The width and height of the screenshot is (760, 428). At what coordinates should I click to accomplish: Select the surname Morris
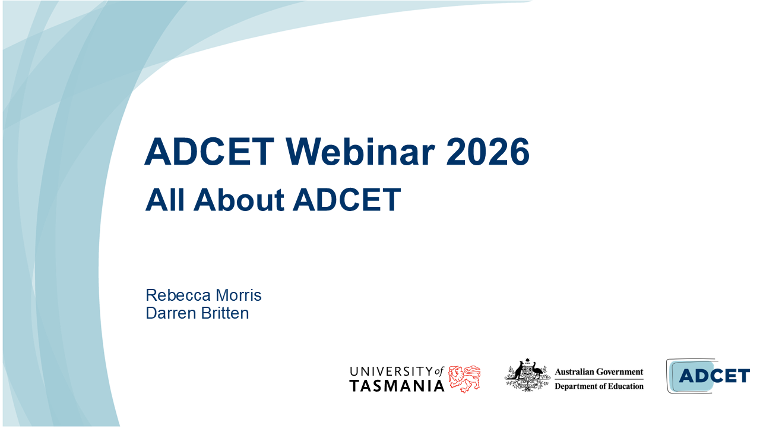pos(238,295)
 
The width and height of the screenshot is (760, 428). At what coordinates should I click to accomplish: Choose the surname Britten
pos(226,313)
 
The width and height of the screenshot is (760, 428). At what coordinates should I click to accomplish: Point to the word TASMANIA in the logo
pos(397,386)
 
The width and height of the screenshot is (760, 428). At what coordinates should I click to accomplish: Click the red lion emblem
pos(464,379)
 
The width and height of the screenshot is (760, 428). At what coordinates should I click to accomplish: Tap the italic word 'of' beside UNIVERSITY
pos(439,371)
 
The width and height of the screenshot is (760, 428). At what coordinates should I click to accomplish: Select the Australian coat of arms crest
pos(527,375)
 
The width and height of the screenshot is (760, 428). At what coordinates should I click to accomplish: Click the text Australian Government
pos(598,372)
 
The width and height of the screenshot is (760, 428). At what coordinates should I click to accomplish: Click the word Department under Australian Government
pos(575,386)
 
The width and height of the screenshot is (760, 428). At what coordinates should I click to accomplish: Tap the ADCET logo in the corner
pos(707,376)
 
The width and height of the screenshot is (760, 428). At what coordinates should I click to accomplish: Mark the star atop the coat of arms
pos(527,360)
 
